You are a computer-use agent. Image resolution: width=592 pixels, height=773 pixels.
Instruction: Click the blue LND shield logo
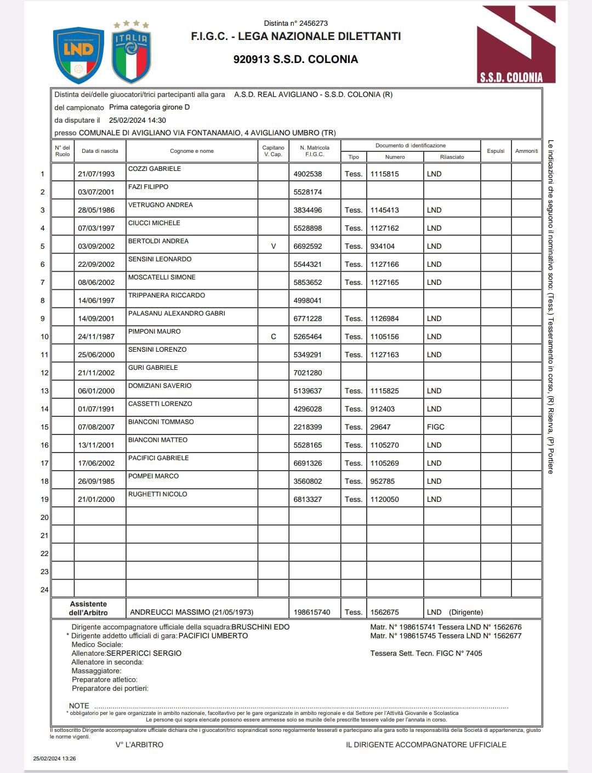pos(78,55)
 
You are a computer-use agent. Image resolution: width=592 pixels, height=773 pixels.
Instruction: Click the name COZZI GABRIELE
pos(155,169)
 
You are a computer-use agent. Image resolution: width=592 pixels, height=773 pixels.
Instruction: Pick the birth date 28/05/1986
pos(96,210)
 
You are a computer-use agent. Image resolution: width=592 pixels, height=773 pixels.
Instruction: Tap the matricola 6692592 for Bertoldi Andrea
pos(308,247)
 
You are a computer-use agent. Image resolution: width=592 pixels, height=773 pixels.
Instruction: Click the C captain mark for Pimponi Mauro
pos(274,337)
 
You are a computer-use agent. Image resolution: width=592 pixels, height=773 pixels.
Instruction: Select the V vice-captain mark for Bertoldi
pos(274,247)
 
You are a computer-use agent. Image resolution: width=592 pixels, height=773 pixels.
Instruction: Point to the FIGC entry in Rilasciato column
pos(436,427)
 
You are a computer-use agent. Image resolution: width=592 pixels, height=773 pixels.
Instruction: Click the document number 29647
pos(380,427)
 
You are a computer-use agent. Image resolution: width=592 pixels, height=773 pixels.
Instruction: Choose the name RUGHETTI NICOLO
pos(158,494)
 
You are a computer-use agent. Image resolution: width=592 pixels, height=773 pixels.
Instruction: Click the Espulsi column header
pos(496,151)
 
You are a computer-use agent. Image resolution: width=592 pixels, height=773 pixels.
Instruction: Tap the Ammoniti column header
pos(526,151)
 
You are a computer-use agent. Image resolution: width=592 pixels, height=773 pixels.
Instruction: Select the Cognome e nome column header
pos(192,151)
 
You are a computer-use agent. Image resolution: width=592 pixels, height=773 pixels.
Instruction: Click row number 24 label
pos(44,590)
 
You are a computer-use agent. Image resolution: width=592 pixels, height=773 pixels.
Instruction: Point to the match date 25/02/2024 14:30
pos(138,121)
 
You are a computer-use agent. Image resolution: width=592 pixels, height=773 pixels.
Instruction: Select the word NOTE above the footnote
pos(79,706)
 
